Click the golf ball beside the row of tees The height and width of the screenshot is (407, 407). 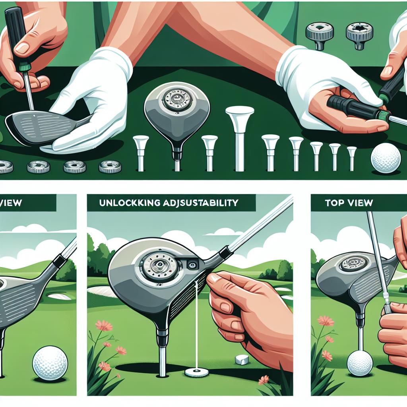(x=386, y=158)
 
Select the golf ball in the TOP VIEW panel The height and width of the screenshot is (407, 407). (x=360, y=362)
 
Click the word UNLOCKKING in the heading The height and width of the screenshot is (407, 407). (x=126, y=203)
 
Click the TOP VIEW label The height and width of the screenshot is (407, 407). (x=349, y=203)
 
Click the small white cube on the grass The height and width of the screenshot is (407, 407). (x=242, y=359)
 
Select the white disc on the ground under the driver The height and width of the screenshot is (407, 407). (x=197, y=373)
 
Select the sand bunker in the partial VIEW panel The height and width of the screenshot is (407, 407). (x=60, y=296)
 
